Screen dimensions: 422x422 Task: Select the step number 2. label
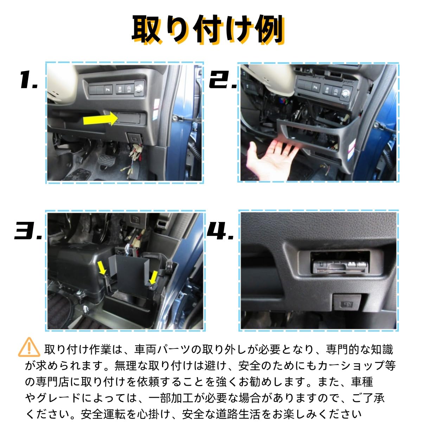223,79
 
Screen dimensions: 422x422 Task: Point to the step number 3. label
28,231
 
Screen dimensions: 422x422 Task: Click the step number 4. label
220,231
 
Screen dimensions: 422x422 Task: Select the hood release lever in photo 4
347,302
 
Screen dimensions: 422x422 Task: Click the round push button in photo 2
346,94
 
